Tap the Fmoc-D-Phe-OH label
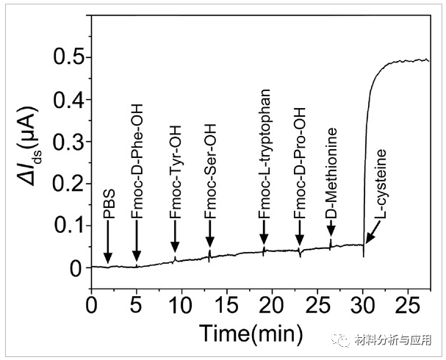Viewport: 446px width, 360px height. (x=137, y=175)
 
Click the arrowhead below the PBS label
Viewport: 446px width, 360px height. (x=108, y=257)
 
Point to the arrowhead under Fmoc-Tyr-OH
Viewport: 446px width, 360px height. (x=175, y=247)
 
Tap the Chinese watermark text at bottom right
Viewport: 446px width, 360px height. (x=392, y=339)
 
